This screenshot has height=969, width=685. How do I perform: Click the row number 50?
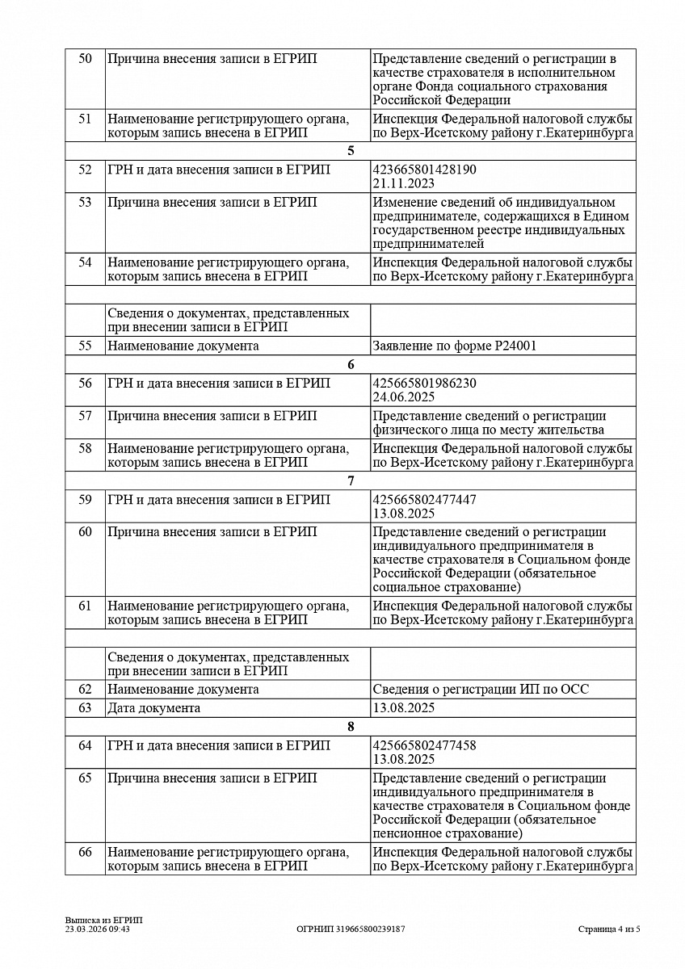pos(85,59)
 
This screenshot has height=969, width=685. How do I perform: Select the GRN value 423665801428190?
pos(425,170)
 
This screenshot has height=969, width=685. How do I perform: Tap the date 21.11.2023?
pos(404,183)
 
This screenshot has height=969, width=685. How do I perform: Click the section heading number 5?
pos(351,151)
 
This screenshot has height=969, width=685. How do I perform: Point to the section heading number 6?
pos(351,364)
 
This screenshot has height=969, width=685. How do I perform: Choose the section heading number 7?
pos(351,481)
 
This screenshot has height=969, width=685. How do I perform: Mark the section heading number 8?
pos(351,727)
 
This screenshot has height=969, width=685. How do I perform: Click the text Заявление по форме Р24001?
pos(455,346)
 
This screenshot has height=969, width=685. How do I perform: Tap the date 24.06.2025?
pos(404,396)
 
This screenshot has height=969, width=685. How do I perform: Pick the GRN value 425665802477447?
pos(425,500)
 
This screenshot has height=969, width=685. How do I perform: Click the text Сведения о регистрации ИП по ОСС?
pos(481,690)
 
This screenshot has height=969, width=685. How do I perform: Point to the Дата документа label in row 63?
pos(154,708)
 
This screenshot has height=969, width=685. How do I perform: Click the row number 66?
pos(85,853)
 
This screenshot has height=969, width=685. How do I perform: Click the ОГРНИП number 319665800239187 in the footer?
pos(351,929)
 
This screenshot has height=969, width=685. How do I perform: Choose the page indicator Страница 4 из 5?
pos(609,929)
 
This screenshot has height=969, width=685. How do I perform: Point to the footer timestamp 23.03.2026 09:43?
pos(98,929)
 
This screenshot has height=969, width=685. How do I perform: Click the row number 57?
pos(85,416)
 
